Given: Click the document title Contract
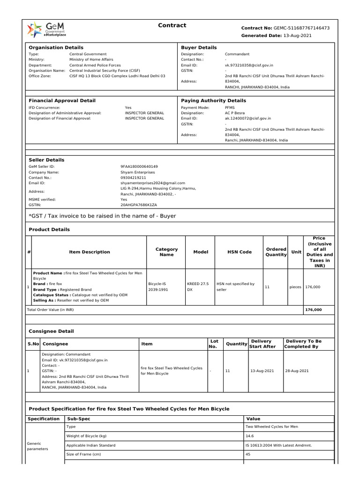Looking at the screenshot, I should (172, 25).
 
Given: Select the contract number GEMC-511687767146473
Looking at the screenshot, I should (302, 28).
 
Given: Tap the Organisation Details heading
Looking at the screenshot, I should (56, 47).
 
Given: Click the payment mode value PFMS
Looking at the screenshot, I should (230, 107).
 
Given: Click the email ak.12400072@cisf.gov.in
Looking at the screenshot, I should (247, 119).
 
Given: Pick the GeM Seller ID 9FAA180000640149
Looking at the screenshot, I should (139, 166).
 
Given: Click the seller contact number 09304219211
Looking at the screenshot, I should (133, 178).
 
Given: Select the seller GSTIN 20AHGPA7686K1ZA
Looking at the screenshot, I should (139, 205).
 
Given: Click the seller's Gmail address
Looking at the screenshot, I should (153, 183).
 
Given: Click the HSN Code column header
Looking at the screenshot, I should (239, 252).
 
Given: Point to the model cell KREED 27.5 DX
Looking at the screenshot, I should (197, 286).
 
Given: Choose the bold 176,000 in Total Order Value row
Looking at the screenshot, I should (313, 310).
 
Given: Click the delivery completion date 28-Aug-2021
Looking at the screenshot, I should (297, 371).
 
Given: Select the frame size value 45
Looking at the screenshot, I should (248, 454).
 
